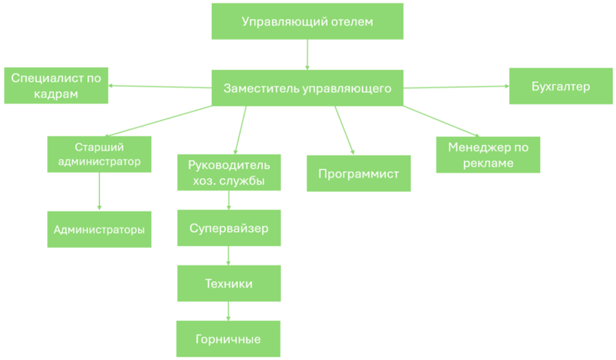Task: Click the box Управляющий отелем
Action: pyautogui.click(x=307, y=21)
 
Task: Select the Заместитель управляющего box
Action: pyautogui.click(x=307, y=88)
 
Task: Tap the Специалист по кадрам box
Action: pyautogui.click(x=56, y=86)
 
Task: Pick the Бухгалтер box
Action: pyautogui.click(x=561, y=86)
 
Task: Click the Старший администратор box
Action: pyautogui.click(x=99, y=154)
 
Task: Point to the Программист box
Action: pyautogui.click(x=358, y=173)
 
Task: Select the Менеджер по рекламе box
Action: pyautogui.click(x=488, y=155)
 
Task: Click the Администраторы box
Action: pyautogui.click(x=99, y=229)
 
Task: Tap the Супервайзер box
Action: pyautogui.click(x=229, y=228)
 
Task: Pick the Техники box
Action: pyautogui.click(x=229, y=283)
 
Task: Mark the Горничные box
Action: pyautogui.click(x=229, y=339)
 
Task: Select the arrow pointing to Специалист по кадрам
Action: pyautogui.click(x=159, y=86)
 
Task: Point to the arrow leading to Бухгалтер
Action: pyautogui.click(x=456, y=87)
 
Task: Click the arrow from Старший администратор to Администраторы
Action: pyautogui.click(x=99, y=191)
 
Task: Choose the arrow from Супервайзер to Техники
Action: pyautogui.click(x=229, y=255)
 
